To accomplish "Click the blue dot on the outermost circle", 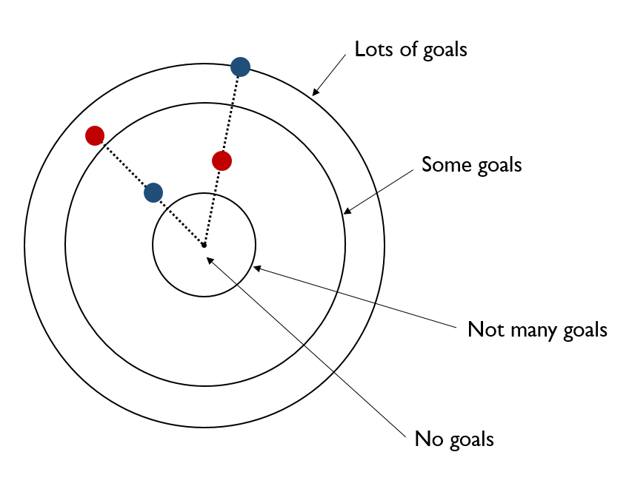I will click(x=240, y=67).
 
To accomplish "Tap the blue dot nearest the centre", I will click(x=153, y=193).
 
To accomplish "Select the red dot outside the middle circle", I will click(x=94, y=135).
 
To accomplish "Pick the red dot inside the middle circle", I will click(x=222, y=160).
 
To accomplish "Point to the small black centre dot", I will click(x=204, y=244).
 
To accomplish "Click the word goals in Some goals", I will click(x=498, y=165).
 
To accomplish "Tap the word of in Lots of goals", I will click(x=409, y=50).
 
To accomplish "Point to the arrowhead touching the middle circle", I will click(x=347, y=212).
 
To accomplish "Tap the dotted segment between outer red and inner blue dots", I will click(x=123, y=163).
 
